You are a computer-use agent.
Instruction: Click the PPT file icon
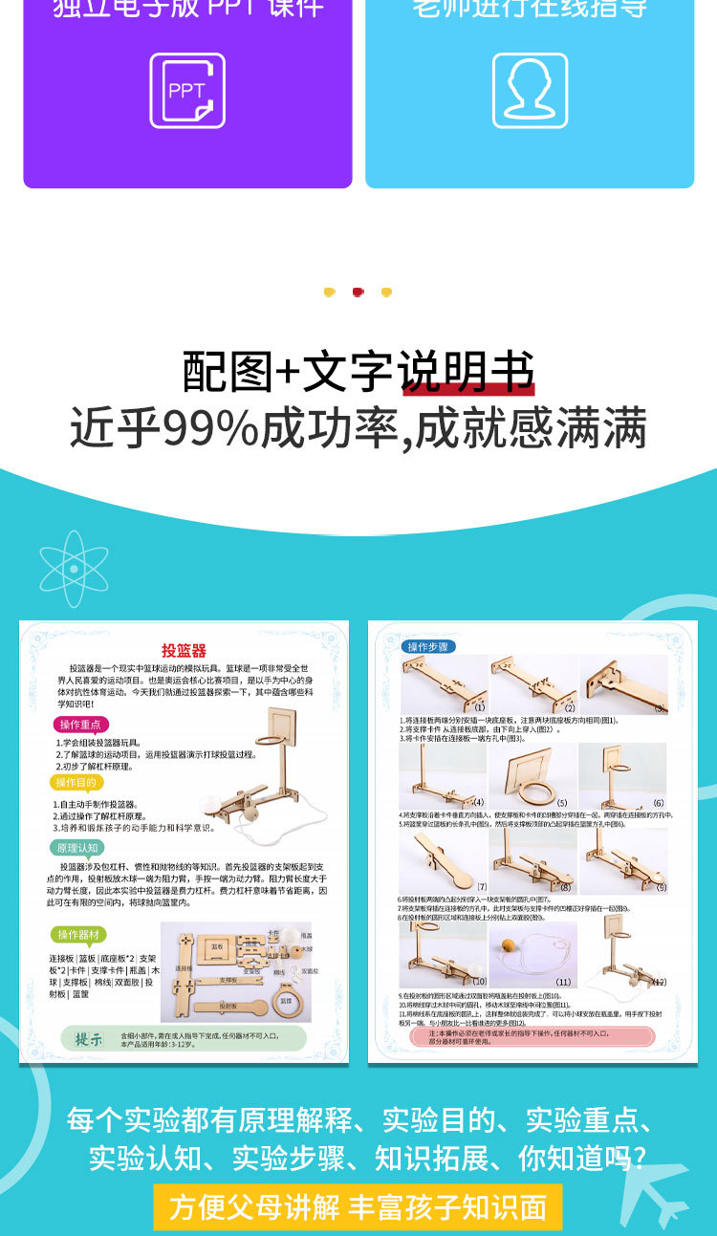coord(187,91)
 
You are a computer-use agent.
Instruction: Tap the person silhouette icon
coord(530,91)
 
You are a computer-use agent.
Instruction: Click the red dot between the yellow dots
coord(358,292)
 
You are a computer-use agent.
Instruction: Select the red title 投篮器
coord(184,651)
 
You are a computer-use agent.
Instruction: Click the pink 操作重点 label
coord(79,725)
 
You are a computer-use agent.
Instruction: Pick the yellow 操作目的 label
coord(76,782)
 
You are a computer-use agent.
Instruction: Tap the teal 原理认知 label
coord(77,848)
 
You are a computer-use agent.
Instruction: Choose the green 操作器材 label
coord(81,934)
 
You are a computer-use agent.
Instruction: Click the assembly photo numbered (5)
coord(533,776)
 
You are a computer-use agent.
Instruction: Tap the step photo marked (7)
coord(445,862)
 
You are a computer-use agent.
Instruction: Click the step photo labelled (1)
coord(445,684)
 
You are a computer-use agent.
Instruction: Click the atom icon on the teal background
coord(74,570)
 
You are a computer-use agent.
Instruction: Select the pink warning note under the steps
coord(532,1036)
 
